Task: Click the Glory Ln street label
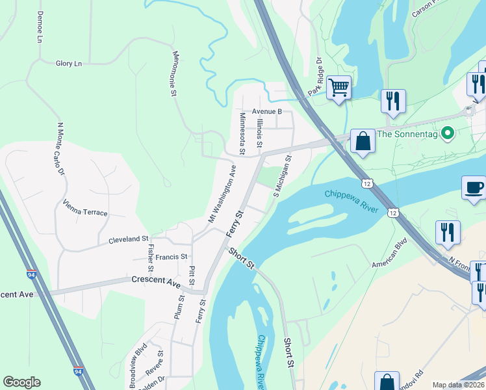tap(69, 63)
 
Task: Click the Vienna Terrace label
tap(85, 208)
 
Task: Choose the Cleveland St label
tap(129, 239)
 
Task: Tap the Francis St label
tap(171, 257)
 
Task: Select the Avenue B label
tap(267, 111)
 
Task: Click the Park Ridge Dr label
tap(316, 77)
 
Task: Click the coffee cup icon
tap(474, 188)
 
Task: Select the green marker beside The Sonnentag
tap(447, 135)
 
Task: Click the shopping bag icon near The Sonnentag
tap(363, 140)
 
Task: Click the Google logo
tap(21, 382)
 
